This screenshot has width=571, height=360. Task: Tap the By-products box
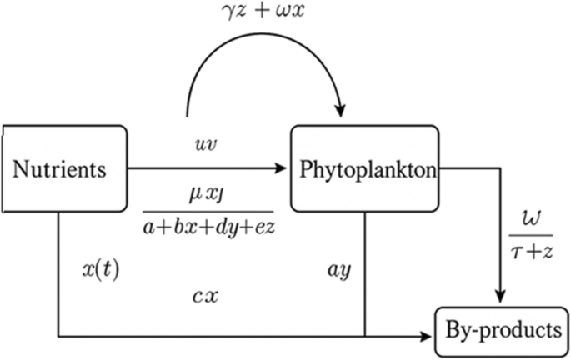click(x=503, y=330)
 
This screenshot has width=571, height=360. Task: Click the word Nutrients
click(x=60, y=170)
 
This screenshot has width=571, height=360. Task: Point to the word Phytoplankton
click(x=365, y=170)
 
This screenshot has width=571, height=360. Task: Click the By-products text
click(x=503, y=330)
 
